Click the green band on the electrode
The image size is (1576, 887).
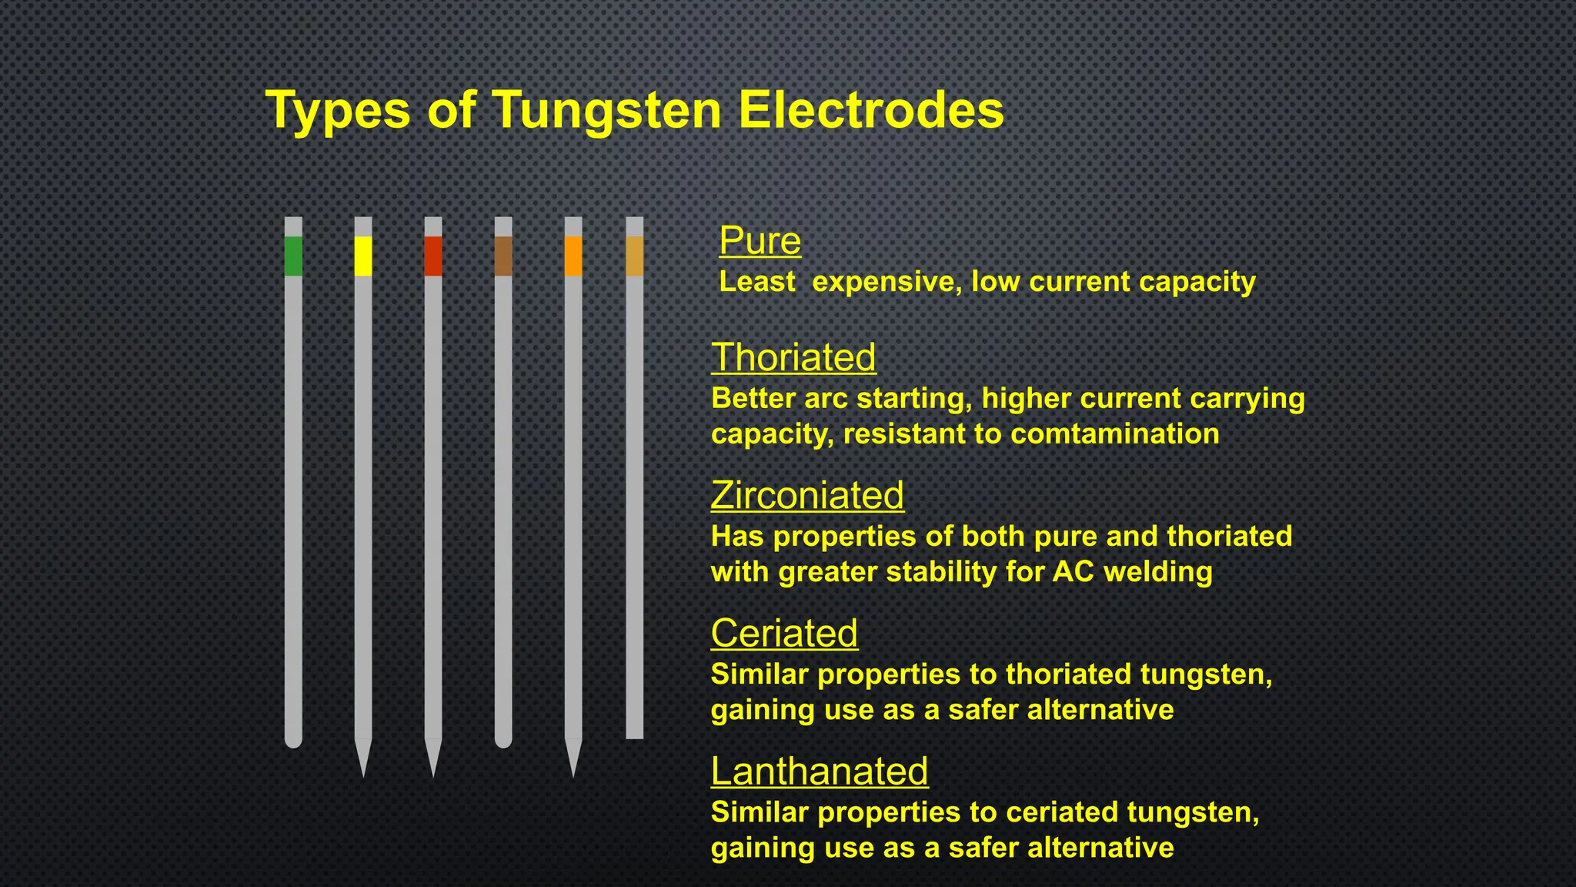(293, 256)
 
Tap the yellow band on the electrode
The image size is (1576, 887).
(363, 256)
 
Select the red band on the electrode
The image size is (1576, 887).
(433, 256)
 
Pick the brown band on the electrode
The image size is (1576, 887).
(503, 256)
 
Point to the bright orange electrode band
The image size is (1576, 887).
(573, 256)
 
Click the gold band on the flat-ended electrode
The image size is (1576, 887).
(635, 256)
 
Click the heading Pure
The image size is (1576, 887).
(760, 241)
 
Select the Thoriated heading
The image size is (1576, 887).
(793, 357)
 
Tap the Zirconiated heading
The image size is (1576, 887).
(807, 495)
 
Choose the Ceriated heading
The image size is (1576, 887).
(784, 633)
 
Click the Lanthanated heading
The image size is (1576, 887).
(820, 771)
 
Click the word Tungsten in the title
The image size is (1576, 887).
(606, 110)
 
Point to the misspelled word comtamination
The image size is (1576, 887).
(1114, 434)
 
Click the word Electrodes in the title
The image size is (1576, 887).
(871, 110)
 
